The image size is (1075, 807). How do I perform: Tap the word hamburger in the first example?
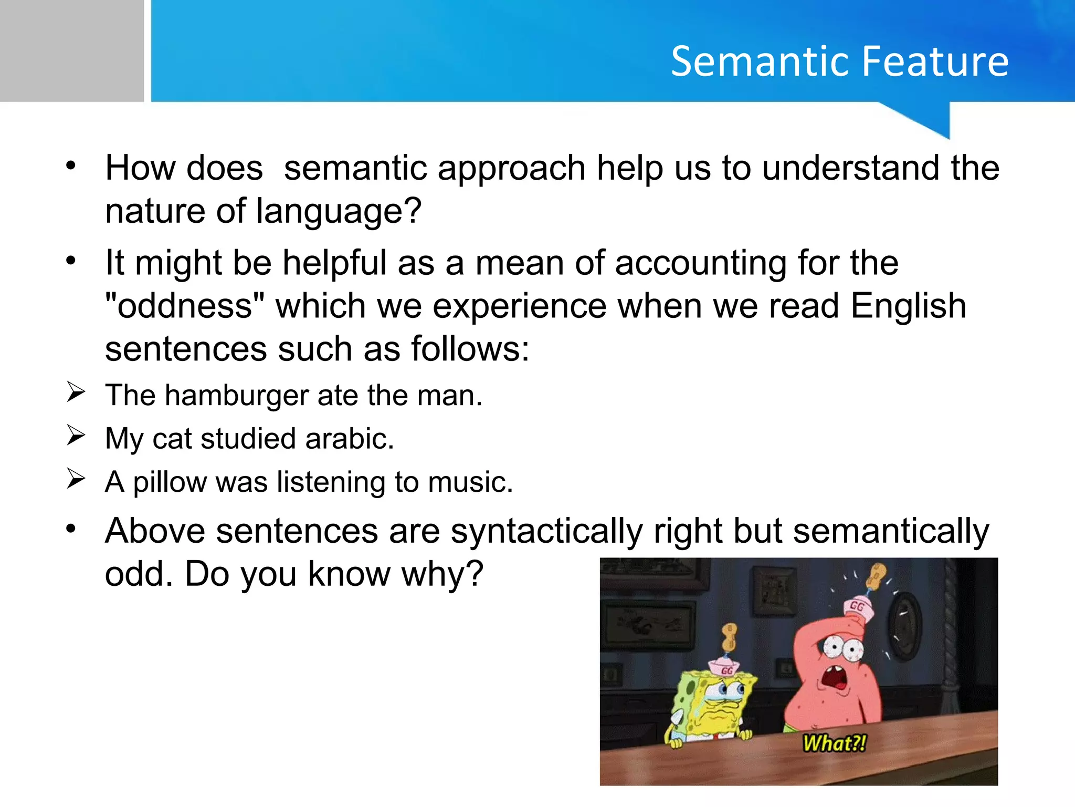(236, 396)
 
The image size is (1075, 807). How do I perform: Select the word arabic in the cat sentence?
(349, 439)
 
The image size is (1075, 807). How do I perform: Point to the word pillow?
(170, 482)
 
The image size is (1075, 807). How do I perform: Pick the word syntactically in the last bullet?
(546, 532)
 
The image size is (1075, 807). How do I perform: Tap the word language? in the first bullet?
(339, 211)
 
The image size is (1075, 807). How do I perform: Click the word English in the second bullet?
(908, 306)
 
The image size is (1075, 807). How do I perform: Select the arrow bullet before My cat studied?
(76, 436)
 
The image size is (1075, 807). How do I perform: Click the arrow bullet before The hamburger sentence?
(76, 392)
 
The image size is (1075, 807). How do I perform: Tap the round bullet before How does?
(71, 166)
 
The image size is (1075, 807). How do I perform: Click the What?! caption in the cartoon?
(834, 743)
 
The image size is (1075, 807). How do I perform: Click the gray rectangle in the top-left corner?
(71, 50)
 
